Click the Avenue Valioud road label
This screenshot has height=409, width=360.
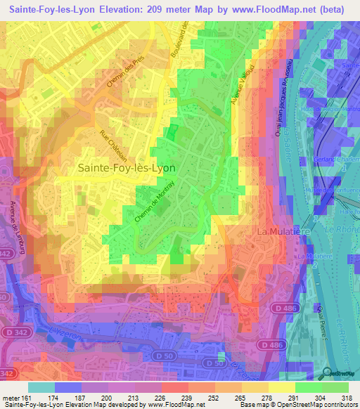pos(240,89)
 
